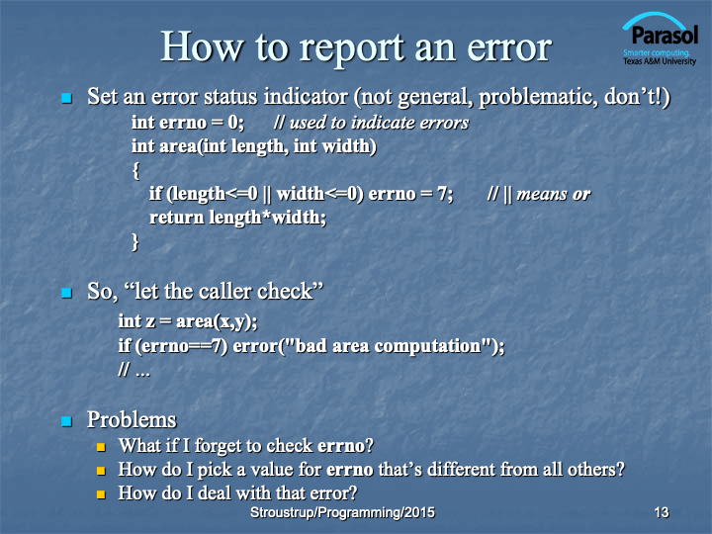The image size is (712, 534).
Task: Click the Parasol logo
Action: point(660,39)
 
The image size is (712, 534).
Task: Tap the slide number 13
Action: point(662,512)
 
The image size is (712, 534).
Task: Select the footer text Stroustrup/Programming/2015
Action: point(342,512)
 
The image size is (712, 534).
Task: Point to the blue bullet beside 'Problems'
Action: point(67,421)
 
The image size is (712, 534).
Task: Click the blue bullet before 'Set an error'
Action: point(67,98)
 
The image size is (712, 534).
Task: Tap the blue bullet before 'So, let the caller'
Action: point(67,293)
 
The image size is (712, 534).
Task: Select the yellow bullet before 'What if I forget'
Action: point(101,447)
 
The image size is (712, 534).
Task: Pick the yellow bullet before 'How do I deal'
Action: point(101,494)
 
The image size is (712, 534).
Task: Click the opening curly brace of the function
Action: point(135,171)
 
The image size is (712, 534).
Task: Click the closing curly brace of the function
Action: point(135,241)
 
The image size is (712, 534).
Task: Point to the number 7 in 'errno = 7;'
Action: point(442,194)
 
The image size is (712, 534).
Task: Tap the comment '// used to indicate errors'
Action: point(371,123)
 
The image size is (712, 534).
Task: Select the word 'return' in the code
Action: point(177,218)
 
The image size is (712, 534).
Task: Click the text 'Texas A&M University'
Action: point(660,61)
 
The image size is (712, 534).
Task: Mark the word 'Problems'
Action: point(132,419)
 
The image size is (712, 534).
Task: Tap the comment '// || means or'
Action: point(539,195)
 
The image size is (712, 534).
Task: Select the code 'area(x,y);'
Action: point(217,321)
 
